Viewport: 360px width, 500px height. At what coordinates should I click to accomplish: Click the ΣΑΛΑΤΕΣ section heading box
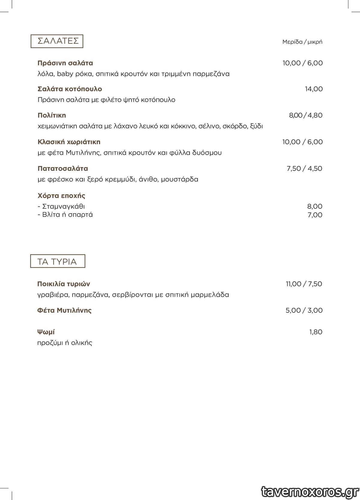click(57, 41)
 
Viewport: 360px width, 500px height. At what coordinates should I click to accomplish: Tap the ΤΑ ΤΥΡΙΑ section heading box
click(58, 261)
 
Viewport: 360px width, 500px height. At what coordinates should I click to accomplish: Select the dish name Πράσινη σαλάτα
click(65, 63)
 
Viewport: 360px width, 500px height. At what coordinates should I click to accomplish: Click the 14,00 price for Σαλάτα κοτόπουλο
click(314, 89)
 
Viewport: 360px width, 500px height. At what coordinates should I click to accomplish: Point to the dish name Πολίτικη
click(52, 115)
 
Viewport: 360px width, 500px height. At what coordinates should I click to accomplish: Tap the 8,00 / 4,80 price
click(306, 115)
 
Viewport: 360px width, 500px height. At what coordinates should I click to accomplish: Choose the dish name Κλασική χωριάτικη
click(69, 142)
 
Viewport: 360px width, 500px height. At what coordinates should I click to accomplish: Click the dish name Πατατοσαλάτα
click(63, 168)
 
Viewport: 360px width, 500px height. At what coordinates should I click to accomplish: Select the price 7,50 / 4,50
click(304, 168)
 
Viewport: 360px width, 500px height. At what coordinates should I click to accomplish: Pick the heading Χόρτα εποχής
click(61, 196)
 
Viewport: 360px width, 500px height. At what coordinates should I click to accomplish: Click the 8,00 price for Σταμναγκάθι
click(315, 206)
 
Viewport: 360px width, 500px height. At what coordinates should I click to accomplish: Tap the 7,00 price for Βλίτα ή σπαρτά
click(315, 215)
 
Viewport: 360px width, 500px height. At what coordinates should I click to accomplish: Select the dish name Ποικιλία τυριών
click(64, 284)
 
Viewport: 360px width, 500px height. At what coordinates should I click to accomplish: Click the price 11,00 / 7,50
click(304, 284)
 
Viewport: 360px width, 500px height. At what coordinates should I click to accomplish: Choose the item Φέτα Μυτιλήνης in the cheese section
click(64, 310)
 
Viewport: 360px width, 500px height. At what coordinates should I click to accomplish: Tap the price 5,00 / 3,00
click(304, 310)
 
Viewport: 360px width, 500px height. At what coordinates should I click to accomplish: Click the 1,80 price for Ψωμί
click(316, 332)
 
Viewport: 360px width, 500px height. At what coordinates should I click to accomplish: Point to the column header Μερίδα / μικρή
click(302, 42)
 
